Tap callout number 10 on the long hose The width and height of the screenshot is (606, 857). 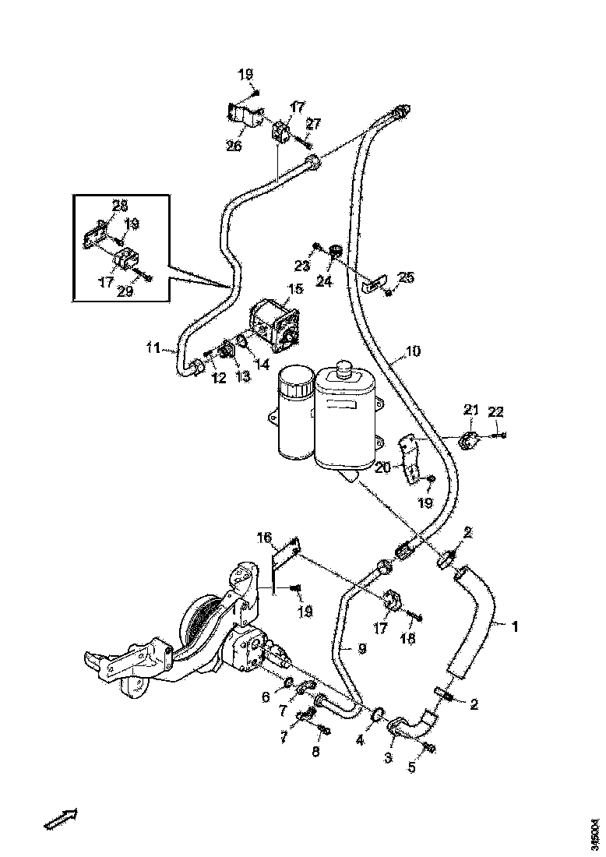coord(412,351)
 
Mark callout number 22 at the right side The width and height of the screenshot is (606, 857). coord(496,411)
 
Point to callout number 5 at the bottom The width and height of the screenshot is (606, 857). coord(412,767)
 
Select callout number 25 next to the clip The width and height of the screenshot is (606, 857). coord(406,277)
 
